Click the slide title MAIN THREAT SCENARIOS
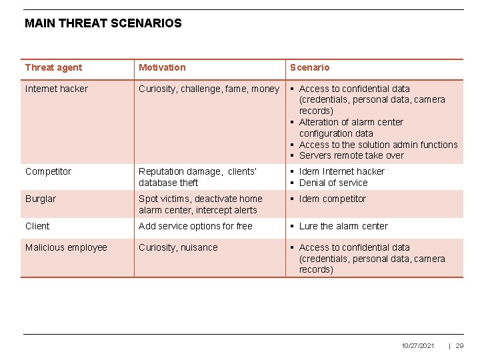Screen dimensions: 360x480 (x=103, y=23)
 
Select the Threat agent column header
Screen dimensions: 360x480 (x=53, y=67)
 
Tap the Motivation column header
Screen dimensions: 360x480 (x=162, y=67)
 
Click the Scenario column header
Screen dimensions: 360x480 (x=309, y=67)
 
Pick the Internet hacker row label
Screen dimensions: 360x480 (x=56, y=89)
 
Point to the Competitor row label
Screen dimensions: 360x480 (x=48, y=171)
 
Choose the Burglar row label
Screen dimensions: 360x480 (x=41, y=199)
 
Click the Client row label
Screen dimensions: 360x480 (x=37, y=226)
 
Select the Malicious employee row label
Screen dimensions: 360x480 (x=66, y=247)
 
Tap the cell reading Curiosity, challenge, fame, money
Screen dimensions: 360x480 (x=209, y=89)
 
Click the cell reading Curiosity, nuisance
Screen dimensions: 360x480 (x=178, y=247)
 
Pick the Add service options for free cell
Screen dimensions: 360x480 (x=195, y=226)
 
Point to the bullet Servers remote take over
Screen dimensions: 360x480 (x=351, y=155)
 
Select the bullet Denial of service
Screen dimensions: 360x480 (x=333, y=183)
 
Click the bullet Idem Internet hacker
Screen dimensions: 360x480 (x=341, y=171)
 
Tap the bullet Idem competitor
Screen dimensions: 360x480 (x=332, y=199)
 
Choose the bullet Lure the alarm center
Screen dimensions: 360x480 (x=343, y=226)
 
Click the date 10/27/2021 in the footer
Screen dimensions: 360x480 (x=418, y=345)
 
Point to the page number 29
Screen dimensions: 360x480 (x=459, y=345)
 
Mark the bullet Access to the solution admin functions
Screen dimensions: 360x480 (x=378, y=145)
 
